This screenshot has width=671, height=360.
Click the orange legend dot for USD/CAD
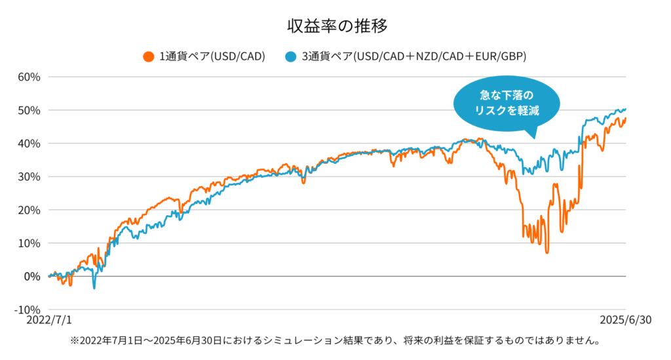coord(148,56)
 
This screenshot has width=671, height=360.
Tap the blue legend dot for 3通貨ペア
coord(290,56)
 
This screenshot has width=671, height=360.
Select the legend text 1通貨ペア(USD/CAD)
coord(212,56)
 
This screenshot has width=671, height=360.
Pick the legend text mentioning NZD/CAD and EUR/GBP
coord(413,56)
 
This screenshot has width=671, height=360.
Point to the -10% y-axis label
coord(28,310)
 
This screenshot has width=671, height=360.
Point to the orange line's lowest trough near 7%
coord(546,252)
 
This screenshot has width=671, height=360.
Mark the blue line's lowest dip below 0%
coord(94,288)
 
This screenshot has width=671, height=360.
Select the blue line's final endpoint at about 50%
coord(625,109)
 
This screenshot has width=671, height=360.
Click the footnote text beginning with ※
coord(335,341)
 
